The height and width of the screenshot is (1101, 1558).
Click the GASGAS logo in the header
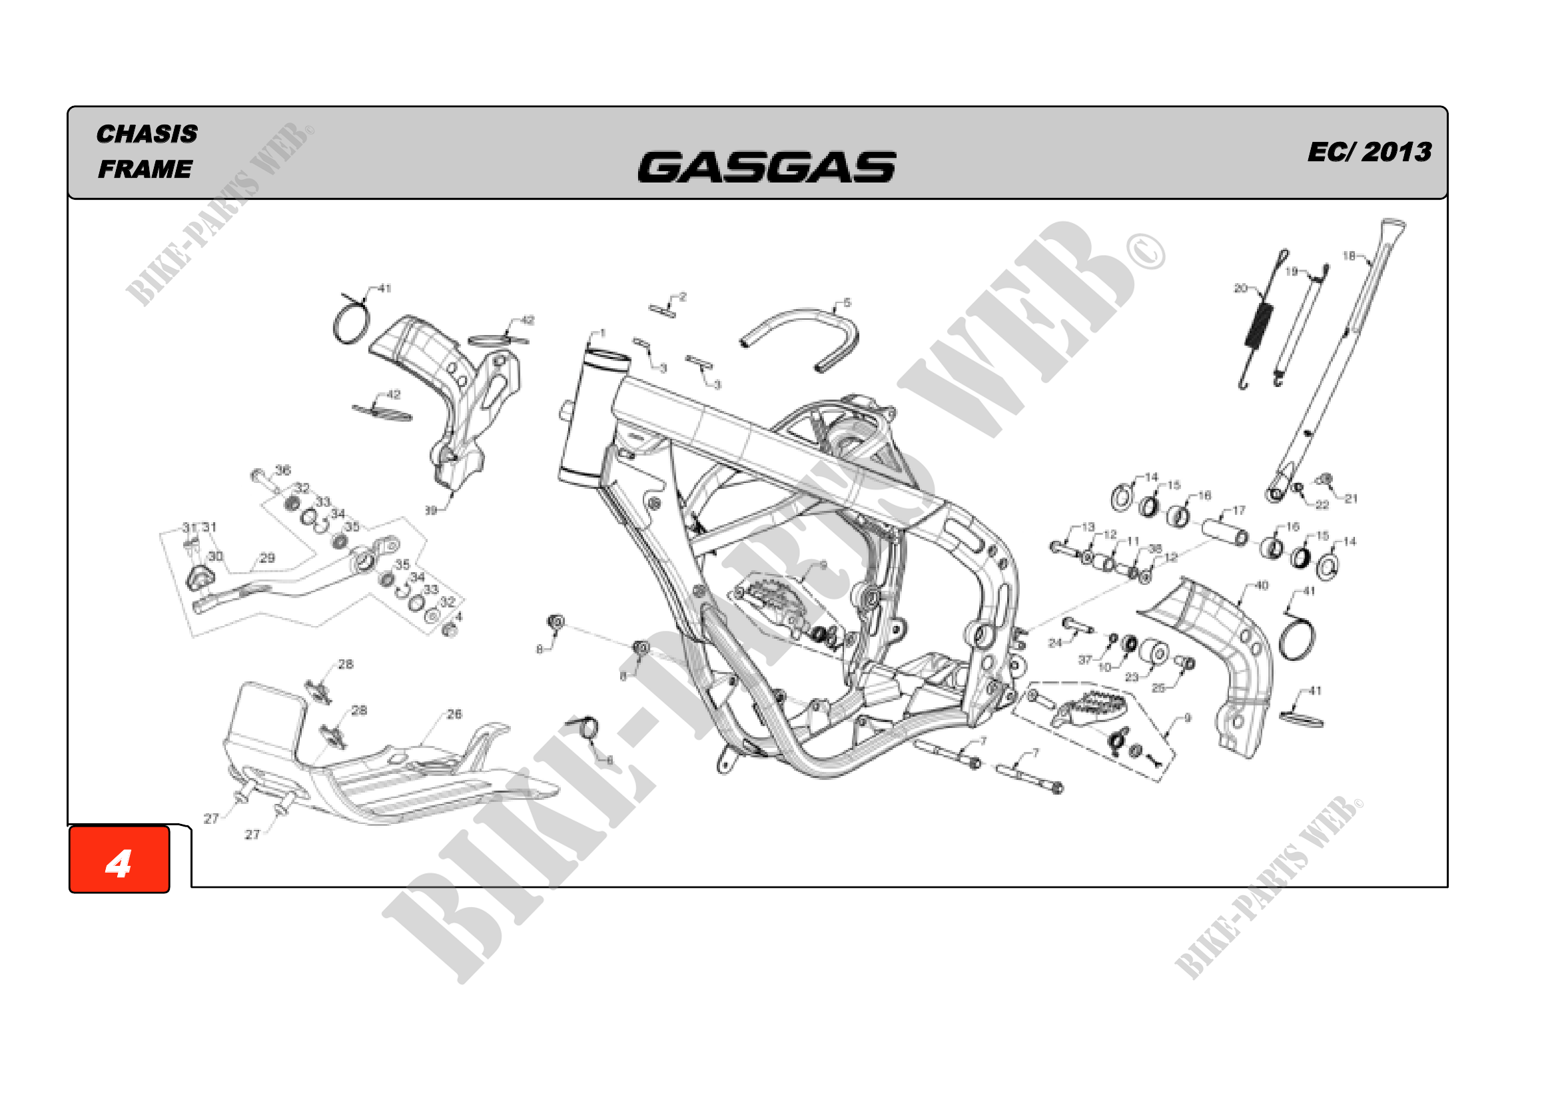[x=766, y=167]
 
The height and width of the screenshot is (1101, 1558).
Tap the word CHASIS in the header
[x=147, y=134]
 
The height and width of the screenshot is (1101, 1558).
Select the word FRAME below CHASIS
[x=145, y=169]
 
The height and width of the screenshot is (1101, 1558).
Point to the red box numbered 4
[x=119, y=859]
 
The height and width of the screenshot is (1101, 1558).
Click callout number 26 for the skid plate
[x=454, y=714]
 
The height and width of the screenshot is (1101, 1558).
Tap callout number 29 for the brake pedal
[x=267, y=557]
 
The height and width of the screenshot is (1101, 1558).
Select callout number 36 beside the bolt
[x=283, y=470]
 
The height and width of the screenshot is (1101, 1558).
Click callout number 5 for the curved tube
[x=847, y=302]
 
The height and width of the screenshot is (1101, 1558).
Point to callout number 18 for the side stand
[x=1349, y=256]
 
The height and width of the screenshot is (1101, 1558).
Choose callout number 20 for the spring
[x=1240, y=288]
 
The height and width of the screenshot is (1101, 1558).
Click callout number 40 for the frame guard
[x=1262, y=585]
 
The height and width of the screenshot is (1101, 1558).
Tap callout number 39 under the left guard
[x=431, y=510]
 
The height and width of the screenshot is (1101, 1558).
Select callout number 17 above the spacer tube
[x=1239, y=510]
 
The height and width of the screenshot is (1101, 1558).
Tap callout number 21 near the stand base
[x=1351, y=499]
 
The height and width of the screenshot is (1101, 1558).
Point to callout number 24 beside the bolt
[x=1055, y=643]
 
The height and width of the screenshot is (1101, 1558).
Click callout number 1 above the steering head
[x=602, y=333]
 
